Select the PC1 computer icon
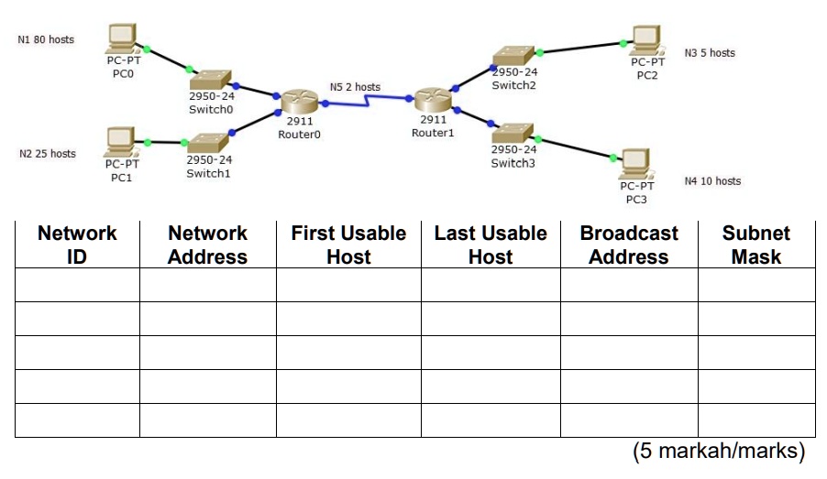[120, 142]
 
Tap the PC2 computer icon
[646, 39]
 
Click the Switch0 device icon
[213, 79]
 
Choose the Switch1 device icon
[208, 142]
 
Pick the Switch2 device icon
[513, 56]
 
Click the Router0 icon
[299, 101]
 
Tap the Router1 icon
[432, 100]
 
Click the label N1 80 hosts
[46, 39]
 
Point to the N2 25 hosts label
[48, 154]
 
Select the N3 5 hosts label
[710, 53]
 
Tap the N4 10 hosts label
[712, 181]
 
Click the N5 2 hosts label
[355, 87]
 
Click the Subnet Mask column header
[755, 245]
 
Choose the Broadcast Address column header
[628, 245]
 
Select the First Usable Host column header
[348, 245]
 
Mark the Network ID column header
[77, 245]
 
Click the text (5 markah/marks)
[718, 452]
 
